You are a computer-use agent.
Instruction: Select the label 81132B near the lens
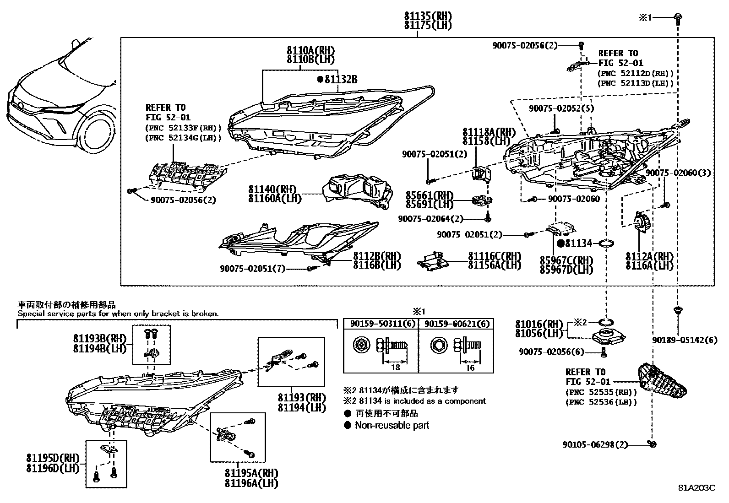pos(341,80)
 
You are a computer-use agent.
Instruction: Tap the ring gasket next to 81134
pos(607,243)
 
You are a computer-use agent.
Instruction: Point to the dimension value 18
pos(396,368)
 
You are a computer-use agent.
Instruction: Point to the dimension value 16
pos(470,368)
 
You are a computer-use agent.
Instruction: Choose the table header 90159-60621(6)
pos(456,324)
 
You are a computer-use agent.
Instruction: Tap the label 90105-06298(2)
pos(595,444)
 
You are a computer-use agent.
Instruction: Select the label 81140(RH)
pos(272,189)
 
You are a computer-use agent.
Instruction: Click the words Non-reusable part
pos(392,425)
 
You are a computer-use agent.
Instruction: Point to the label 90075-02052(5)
pos(562,108)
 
